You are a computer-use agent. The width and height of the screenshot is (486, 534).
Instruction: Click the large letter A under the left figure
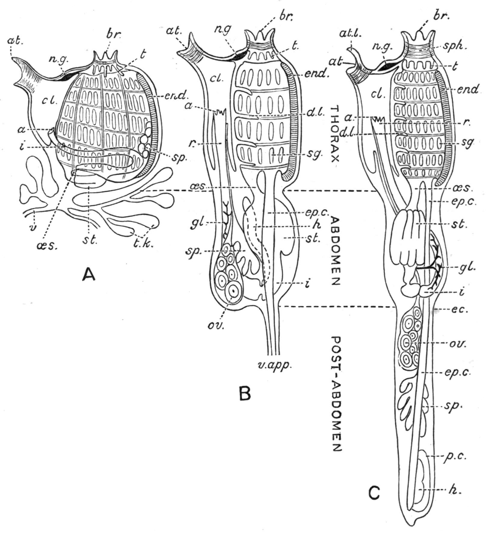coord(89,274)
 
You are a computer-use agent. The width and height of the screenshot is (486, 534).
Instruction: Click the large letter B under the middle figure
coord(245,393)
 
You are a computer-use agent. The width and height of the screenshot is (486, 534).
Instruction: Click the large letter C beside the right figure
coord(374,493)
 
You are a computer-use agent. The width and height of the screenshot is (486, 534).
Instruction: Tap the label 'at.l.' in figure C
coord(354,34)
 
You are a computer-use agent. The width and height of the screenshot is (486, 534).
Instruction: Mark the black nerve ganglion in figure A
coord(69,76)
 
